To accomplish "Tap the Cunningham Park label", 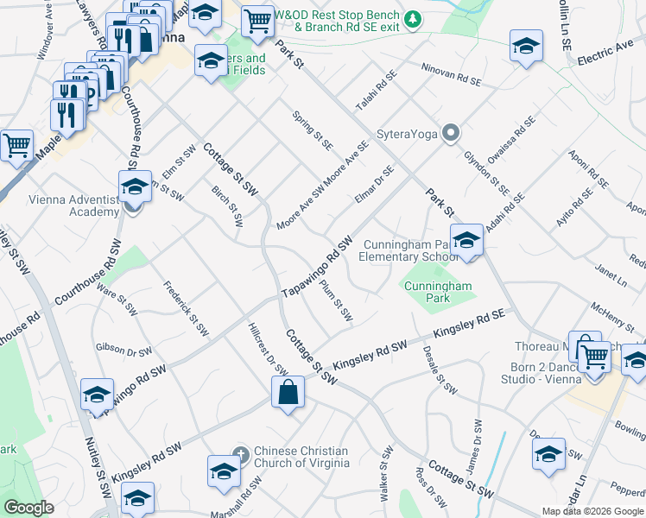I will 440,292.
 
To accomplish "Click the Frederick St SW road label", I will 186,310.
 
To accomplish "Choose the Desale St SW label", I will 440,369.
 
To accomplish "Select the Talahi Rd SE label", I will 377,91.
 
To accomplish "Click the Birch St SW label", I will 228,205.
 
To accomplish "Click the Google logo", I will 28,508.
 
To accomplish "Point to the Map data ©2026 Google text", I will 592,511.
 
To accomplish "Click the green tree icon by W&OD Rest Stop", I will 413,18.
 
